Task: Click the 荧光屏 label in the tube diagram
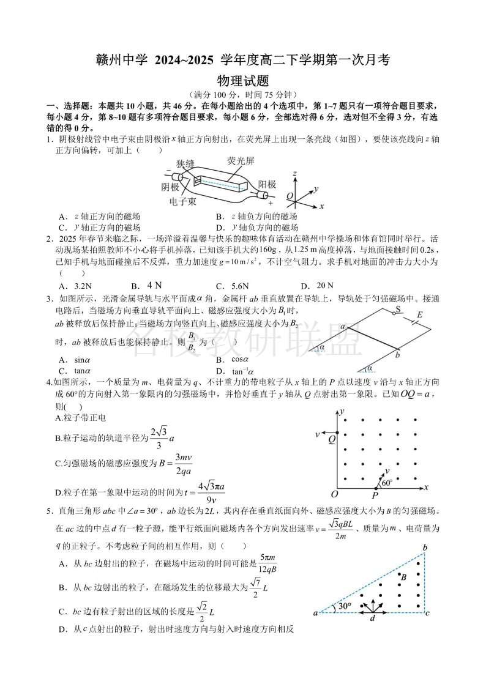[x=241, y=162]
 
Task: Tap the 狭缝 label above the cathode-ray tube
[x=185, y=164]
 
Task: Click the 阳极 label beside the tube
[x=266, y=184]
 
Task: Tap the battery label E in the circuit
[x=420, y=315]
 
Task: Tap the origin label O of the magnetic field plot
[x=334, y=494]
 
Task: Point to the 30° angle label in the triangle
[x=345, y=606]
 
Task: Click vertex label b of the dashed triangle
[x=424, y=546]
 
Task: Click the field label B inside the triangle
[x=402, y=576]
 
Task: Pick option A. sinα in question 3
[x=75, y=360]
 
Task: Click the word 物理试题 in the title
[x=243, y=80]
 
